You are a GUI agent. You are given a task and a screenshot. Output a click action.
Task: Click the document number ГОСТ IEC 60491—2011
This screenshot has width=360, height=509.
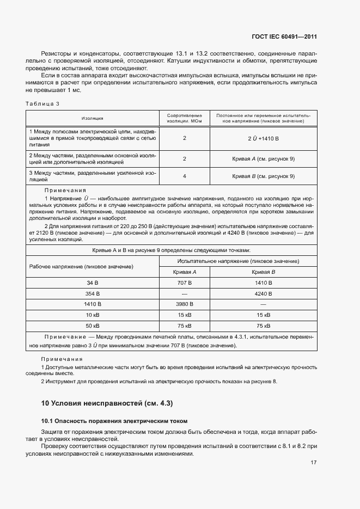coord(284,37)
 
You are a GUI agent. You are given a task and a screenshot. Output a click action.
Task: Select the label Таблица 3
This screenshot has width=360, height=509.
coord(42,103)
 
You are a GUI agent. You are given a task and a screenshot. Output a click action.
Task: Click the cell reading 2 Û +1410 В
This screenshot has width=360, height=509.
coord(263,139)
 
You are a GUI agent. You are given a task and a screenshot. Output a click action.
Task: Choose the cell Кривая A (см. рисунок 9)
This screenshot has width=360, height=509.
coord(263,158)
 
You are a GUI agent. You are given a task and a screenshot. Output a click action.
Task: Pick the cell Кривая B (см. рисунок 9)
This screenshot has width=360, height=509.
coord(263,176)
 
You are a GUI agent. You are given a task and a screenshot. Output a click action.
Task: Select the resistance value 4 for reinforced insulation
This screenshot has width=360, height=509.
coord(185,176)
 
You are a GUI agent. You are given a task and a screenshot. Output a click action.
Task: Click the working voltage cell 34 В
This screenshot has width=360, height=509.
coord(93,283)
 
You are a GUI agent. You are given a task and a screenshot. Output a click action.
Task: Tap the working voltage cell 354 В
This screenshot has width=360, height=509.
coord(93,293)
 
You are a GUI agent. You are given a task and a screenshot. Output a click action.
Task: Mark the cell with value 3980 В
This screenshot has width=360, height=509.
coord(185,304)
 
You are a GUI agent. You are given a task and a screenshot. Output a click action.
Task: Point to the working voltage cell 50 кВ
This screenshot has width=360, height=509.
coord(93,326)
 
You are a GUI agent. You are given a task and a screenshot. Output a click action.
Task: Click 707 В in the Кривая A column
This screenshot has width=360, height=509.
coord(185,283)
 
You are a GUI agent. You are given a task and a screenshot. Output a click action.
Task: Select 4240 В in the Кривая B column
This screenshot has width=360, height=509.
coord(263,293)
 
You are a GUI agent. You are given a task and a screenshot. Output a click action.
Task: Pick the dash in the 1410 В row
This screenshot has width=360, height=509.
coord(263,304)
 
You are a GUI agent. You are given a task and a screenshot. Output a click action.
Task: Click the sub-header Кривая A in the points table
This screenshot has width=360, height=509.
coord(185,272)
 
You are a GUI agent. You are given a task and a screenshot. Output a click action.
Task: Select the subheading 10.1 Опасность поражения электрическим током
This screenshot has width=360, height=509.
coord(114,421)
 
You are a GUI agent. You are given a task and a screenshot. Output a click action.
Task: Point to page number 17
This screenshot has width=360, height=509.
coord(314,463)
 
